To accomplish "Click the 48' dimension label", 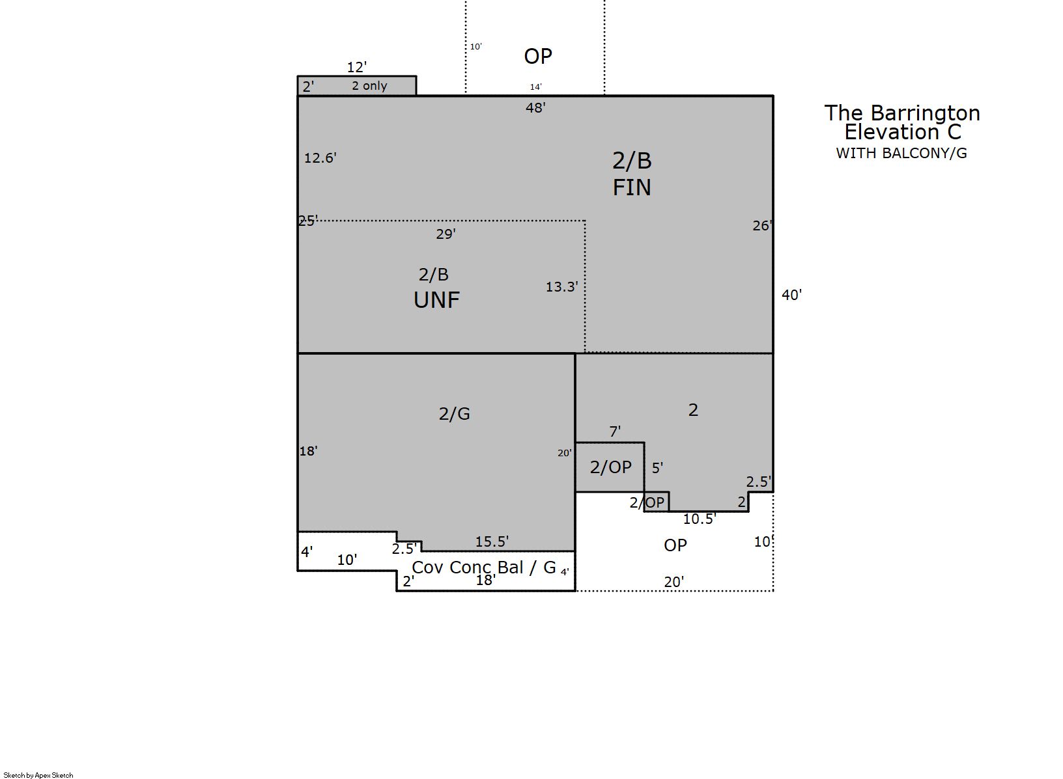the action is click(x=535, y=108).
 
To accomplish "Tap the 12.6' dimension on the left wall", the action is click(x=320, y=158).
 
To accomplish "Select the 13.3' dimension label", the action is click(x=562, y=287).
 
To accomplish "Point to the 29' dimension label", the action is click(x=446, y=234).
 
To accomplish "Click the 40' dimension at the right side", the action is click(x=792, y=295).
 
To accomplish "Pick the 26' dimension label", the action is click(x=763, y=226).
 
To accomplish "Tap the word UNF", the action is click(x=436, y=300).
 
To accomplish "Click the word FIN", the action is click(x=632, y=188).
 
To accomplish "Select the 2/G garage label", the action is click(x=454, y=415).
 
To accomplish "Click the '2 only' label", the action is click(x=369, y=86).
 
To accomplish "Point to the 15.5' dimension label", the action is click(x=492, y=541).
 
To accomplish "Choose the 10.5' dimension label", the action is click(x=700, y=519).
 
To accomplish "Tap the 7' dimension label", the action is click(x=615, y=432).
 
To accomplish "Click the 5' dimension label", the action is click(x=657, y=469).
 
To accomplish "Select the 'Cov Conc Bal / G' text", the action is click(x=483, y=567).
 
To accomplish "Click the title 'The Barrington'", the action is click(x=902, y=113).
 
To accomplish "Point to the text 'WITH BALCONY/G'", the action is click(x=901, y=153).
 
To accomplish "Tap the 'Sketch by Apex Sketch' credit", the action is click(x=38, y=775).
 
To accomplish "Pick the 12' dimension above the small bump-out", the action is click(x=357, y=67).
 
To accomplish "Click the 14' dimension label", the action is click(x=536, y=87).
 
